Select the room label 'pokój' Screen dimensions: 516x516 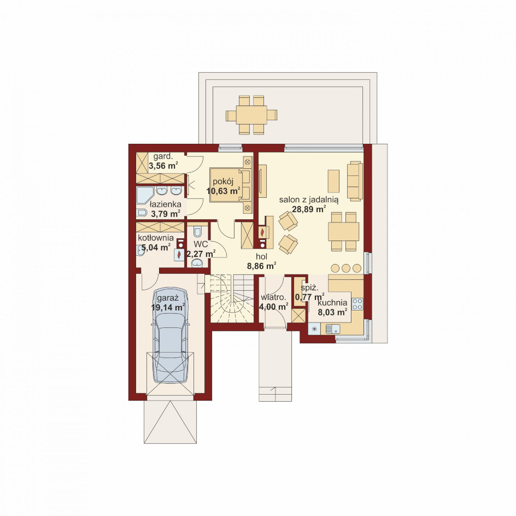(223, 181)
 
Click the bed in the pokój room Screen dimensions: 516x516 (231, 184)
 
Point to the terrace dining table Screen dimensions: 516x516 (251, 115)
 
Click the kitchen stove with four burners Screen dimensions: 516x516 (357, 304)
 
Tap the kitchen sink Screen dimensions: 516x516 (332, 329)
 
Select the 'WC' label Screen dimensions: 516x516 (201, 244)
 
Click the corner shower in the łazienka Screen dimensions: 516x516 (144, 196)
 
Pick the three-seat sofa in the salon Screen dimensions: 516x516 (355, 181)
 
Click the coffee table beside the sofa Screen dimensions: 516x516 (333, 181)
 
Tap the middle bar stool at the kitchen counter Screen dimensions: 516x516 (346, 268)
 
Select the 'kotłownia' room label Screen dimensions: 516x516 (156, 238)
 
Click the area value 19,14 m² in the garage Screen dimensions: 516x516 (167, 307)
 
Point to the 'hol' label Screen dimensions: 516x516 (262, 256)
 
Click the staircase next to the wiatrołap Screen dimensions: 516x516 (232, 299)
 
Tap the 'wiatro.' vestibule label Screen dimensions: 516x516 (273, 297)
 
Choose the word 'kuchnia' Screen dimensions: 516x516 (332, 303)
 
